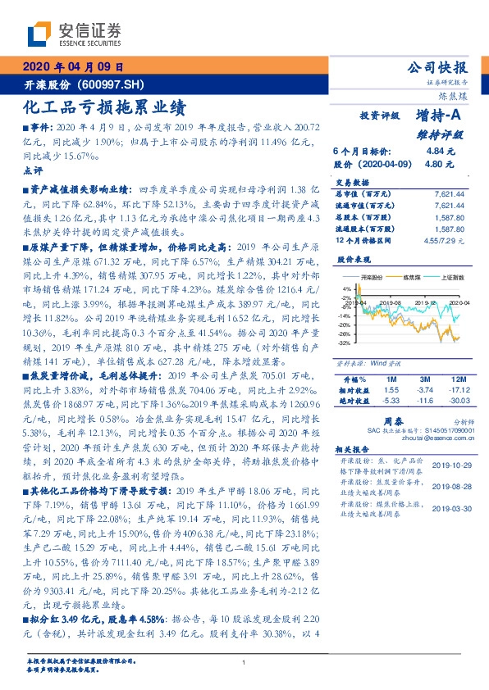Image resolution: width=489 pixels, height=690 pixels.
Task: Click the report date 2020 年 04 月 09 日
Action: click(73, 68)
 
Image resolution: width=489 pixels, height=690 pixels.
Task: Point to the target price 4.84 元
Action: click(441, 152)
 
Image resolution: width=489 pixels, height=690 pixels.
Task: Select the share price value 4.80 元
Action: click(441, 164)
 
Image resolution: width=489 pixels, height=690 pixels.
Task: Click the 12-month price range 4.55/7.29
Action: click(448, 241)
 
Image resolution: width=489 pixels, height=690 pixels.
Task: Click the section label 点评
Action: click(33, 170)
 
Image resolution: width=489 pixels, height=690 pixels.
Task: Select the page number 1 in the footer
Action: click(244, 662)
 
